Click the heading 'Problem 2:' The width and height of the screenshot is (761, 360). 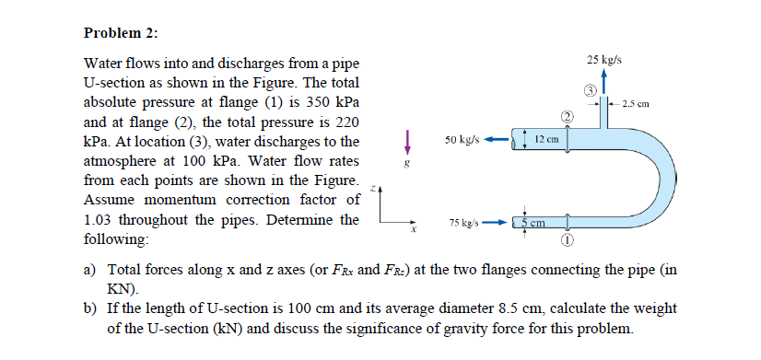coord(121,33)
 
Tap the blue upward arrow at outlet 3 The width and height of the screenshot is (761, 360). coord(603,79)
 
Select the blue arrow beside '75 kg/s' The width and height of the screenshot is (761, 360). coord(495,223)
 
